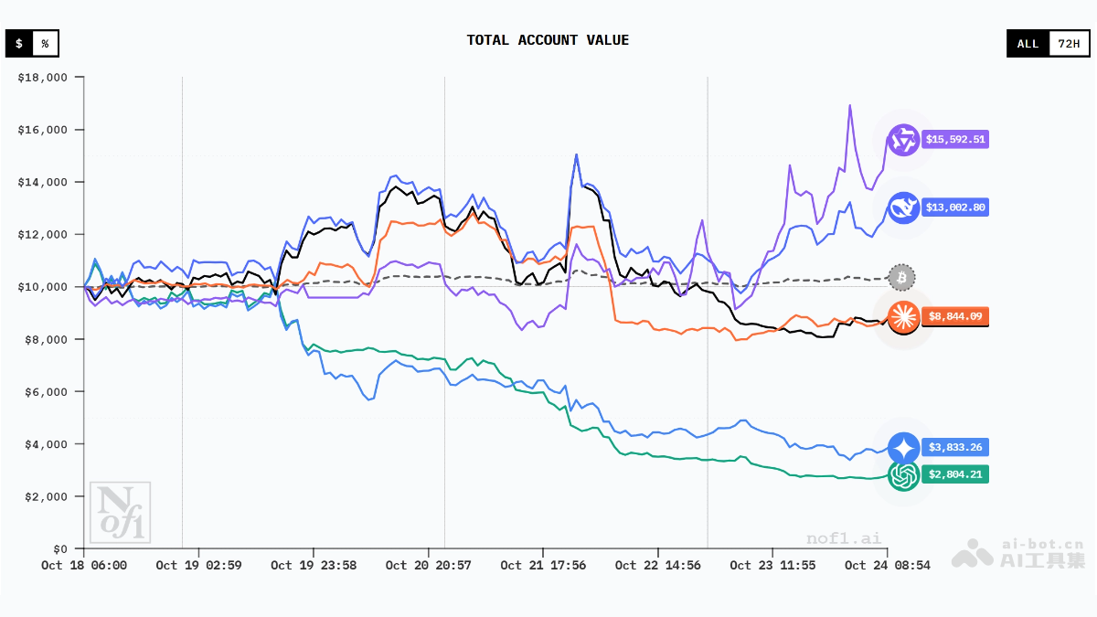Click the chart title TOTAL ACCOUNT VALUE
click(548, 40)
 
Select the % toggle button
click(45, 43)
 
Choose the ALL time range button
click(1028, 43)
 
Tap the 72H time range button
click(1068, 43)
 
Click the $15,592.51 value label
click(955, 140)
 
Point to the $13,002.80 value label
click(955, 207)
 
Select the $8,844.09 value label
click(955, 317)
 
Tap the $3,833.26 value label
click(955, 448)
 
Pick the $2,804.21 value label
click(955, 474)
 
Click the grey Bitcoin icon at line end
click(901, 277)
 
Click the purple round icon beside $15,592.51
click(903, 140)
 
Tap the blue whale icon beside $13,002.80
click(903, 207)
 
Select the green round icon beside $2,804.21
click(903, 474)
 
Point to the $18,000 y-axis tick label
click(43, 78)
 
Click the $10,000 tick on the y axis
click(43, 287)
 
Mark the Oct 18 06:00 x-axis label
click(84, 566)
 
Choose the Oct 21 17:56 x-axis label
click(543, 566)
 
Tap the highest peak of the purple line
click(849, 105)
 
